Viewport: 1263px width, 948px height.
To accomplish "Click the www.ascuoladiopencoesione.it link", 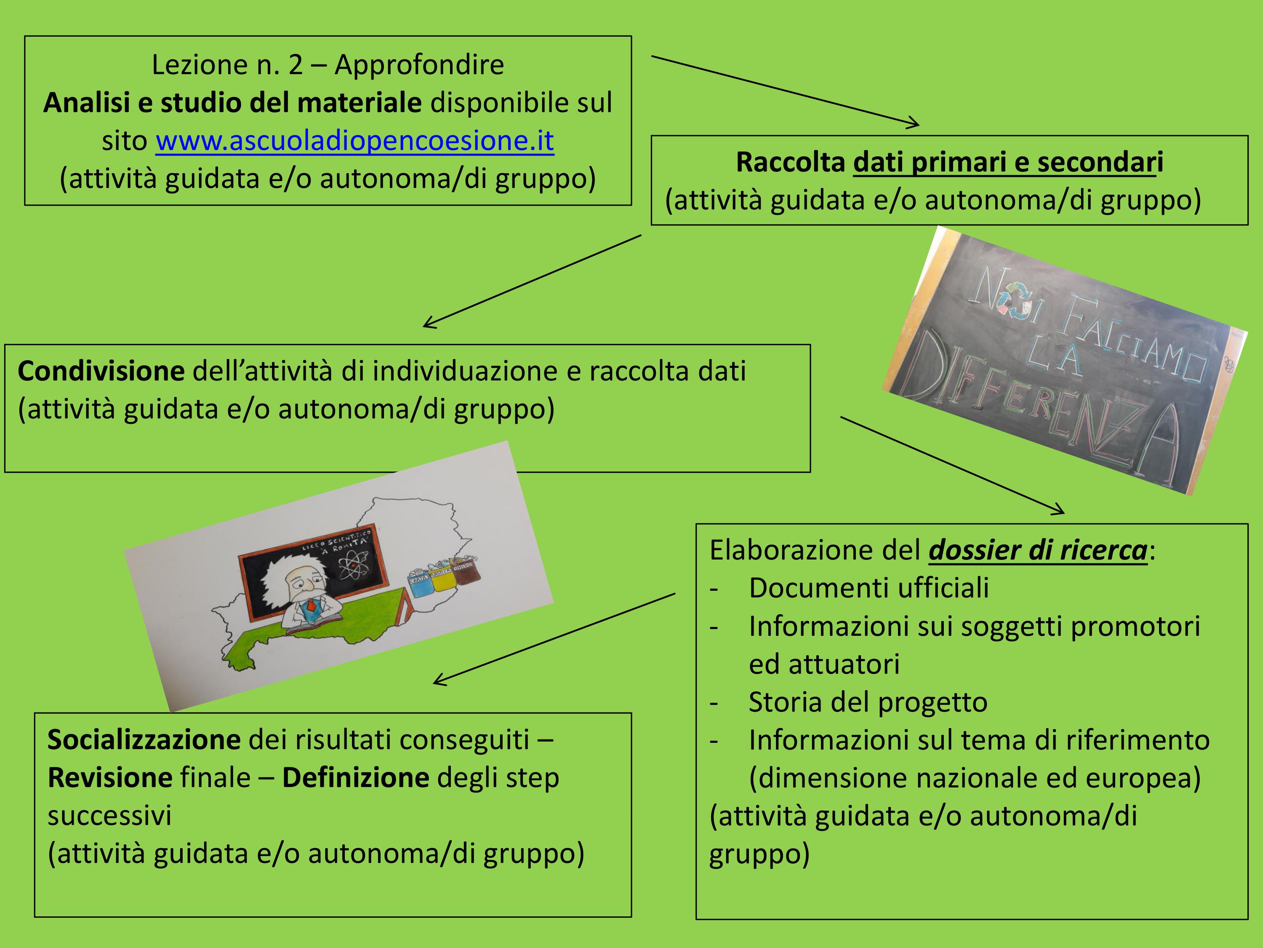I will click(354, 141).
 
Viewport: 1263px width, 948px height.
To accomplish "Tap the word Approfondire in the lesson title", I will click(419, 64).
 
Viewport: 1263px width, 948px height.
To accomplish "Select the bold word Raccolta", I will click(790, 162).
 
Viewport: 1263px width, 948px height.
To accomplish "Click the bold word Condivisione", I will click(101, 372).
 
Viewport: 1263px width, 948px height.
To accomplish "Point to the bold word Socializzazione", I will click(144, 740).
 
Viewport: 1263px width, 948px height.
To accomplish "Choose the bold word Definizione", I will click(355, 778).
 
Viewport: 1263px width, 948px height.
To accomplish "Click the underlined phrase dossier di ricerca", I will click(1038, 550).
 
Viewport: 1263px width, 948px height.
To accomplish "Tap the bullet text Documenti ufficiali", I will click(869, 588).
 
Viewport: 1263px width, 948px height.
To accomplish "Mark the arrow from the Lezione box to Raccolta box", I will click(785, 90).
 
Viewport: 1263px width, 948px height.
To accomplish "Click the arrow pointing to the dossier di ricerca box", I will click(952, 465).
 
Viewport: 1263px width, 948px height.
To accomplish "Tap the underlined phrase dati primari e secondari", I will click(1008, 162).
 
